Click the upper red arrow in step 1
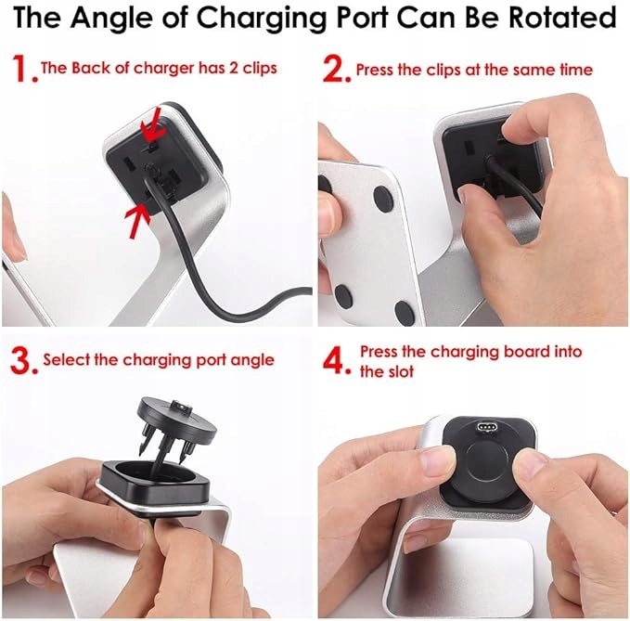[152, 125]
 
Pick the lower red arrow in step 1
[137, 220]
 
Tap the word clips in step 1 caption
[260, 68]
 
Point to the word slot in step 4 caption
[400, 371]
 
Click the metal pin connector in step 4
[486, 426]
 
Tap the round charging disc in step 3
[177, 419]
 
